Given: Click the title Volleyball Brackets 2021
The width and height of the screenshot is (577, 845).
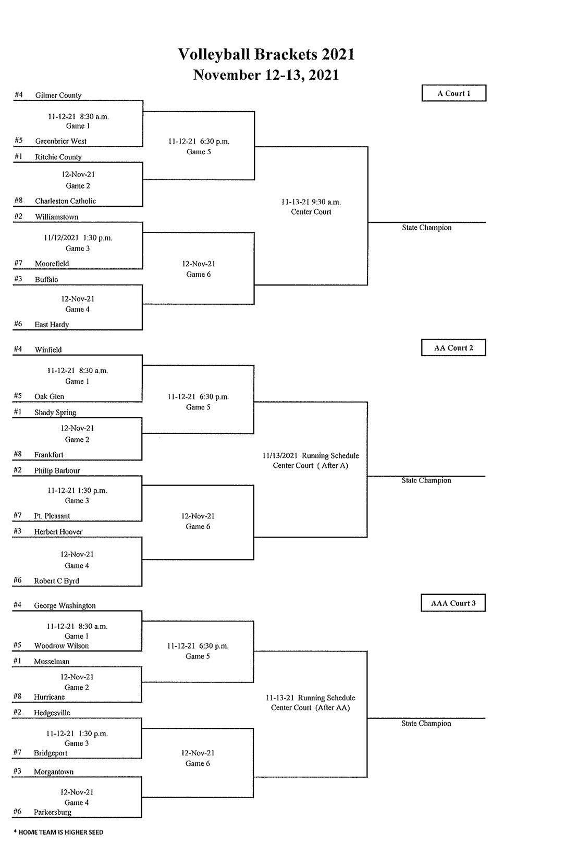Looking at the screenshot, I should (266, 54).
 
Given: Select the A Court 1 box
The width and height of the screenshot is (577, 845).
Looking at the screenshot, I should (453, 93).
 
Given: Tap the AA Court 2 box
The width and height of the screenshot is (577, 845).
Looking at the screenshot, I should (453, 348).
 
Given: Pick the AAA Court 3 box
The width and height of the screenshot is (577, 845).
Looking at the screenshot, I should (453, 603).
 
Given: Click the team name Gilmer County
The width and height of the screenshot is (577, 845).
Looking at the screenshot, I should (58, 95).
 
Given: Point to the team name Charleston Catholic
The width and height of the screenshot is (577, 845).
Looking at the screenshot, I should (65, 201).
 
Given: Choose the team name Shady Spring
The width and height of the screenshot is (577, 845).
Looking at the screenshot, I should (55, 413).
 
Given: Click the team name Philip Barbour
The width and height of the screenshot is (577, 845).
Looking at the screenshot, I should (57, 470).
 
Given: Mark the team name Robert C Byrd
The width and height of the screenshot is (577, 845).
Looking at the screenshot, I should (56, 581).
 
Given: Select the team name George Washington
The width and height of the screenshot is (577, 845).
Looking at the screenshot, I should (65, 606).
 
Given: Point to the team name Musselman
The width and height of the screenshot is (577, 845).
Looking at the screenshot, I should (52, 662).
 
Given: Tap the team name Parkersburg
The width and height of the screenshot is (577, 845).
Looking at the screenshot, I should (53, 812).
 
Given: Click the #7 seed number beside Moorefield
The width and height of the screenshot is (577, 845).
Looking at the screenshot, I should (18, 263).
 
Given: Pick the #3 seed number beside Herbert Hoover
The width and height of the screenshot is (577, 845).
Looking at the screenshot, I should (18, 531).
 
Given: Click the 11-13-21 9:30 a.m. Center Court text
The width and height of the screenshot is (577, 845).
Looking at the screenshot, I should (311, 207).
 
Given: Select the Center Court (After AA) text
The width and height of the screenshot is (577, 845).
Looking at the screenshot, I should (310, 708).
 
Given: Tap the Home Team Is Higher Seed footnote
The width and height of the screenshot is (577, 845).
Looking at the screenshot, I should (58, 832).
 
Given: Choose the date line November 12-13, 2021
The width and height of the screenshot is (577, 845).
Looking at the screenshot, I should (266, 75).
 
